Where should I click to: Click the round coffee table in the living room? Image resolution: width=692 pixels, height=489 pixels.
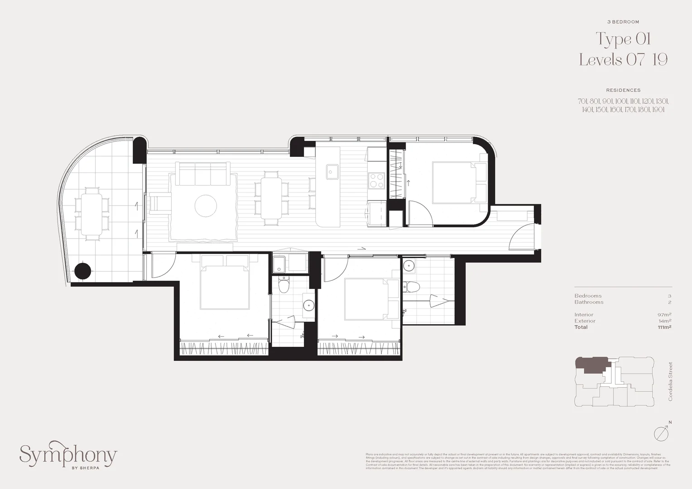click(206, 206)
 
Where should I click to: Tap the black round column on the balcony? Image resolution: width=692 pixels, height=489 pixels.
click(82, 271)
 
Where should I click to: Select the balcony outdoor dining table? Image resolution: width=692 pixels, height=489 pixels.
click(91, 213)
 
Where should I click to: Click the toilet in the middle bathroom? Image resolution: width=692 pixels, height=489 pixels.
click(284, 285)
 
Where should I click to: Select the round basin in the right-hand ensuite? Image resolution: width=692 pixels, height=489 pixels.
click(409, 265)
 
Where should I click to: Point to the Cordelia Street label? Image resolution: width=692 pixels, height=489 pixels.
click(670, 381)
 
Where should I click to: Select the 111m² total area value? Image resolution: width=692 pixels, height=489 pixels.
click(665, 327)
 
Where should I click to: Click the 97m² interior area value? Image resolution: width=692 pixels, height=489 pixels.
click(664, 315)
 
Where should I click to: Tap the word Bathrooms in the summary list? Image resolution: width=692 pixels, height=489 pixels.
click(589, 302)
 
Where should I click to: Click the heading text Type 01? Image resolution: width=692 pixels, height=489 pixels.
click(623, 39)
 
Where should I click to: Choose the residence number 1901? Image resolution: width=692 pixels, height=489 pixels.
click(658, 110)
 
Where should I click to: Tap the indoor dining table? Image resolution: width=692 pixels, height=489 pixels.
click(271, 198)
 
